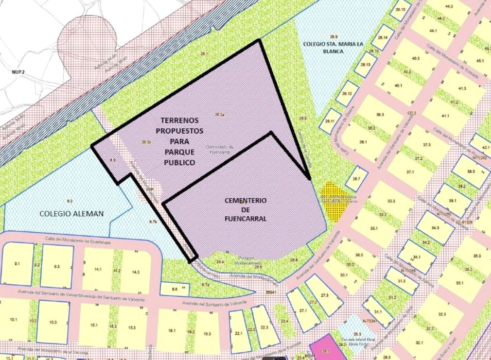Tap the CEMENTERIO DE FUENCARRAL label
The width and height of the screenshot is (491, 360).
245,209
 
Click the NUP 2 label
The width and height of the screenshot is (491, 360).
18,71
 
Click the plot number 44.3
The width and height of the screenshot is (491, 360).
448,7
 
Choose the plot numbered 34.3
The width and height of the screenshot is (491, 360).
435,227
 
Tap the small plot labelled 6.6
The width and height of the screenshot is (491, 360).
175,289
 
